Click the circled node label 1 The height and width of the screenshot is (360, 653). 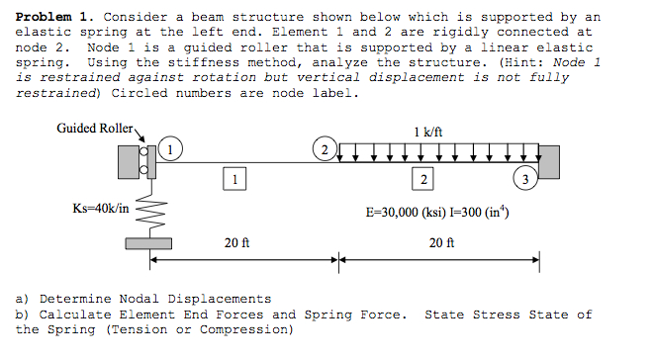coord(172,150)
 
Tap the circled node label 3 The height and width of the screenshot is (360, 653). coord(525,179)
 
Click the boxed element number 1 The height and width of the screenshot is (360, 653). coord(233,179)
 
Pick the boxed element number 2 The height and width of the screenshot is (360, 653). coord(423,179)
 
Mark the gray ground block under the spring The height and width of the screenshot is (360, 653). coord(150,244)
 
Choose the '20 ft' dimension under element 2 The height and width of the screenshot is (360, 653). coord(442,241)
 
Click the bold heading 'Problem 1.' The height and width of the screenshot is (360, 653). coord(53,17)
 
